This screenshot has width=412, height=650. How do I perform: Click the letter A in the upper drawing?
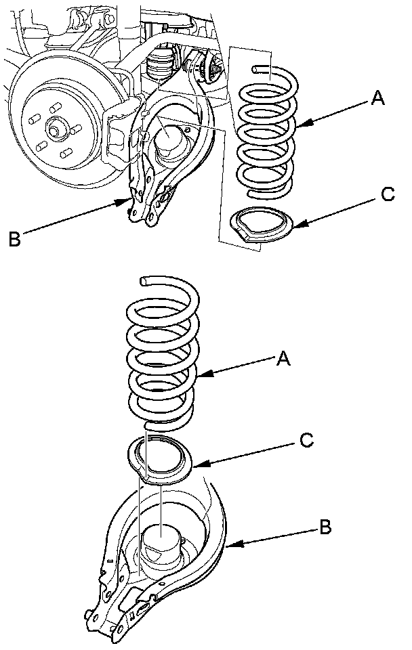(x=377, y=97)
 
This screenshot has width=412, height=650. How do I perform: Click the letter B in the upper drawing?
(x=14, y=239)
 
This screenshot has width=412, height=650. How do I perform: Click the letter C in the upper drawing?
(x=388, y=194)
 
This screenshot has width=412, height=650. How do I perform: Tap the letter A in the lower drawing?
(x=283, y=358)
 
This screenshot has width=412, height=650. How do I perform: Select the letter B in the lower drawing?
(x=325, y=527)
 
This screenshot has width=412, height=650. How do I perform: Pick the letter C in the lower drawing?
(x=306, y=440)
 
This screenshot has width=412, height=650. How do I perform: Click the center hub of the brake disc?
(x=54, y=129)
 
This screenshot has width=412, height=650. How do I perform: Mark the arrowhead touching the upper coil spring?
(x=304, y=123)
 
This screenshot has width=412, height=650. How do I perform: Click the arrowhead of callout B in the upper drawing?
(x=125, y=202)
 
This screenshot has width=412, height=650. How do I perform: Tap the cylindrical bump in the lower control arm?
(x=161, y=542)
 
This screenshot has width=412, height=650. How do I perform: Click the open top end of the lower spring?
(x=143, y=282)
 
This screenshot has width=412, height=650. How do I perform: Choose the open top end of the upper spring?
(x=254, y=69)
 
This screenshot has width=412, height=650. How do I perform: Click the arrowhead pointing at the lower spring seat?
(x=201, y=464)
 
